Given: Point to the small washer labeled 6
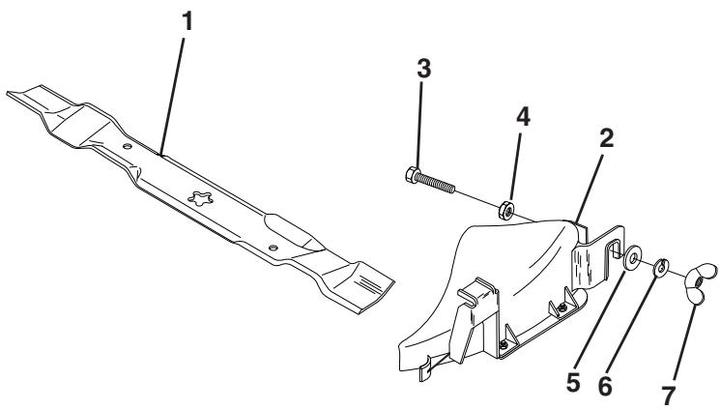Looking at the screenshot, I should pos(662,264).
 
